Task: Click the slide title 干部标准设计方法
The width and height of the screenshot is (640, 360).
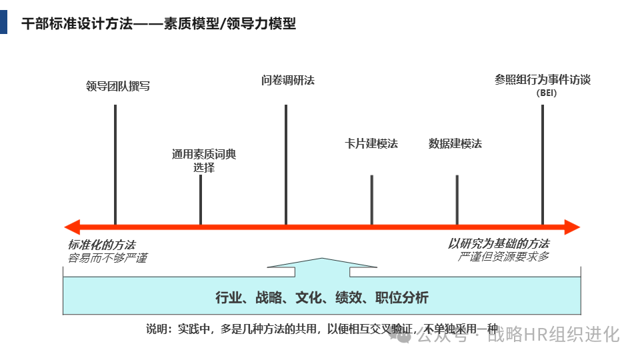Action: [159, 24]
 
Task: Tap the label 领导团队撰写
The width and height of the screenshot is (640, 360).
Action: [118, 86]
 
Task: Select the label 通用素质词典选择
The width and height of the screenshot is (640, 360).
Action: [204, 161]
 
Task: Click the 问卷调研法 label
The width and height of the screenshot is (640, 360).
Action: [288, 81]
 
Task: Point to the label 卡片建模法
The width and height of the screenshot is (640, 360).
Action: [371, 143]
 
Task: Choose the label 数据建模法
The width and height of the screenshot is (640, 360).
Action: [455, 143]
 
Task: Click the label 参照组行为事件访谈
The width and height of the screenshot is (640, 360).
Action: [543, 79]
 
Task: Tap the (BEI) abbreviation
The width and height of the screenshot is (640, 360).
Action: [546, 93]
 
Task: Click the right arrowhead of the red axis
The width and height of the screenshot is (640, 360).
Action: [571, 227]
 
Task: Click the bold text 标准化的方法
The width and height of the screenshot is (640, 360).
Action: [101, 245]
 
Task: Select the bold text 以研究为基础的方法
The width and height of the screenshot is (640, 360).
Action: [499, 243]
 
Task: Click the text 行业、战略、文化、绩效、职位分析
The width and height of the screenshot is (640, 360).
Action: [322, 297]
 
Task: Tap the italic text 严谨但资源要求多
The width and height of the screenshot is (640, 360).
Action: [504, 257]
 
